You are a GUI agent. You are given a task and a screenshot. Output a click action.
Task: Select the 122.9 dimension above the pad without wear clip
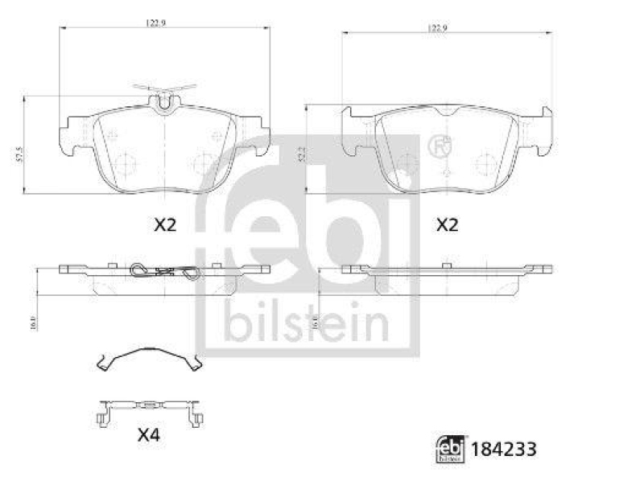point(436,28)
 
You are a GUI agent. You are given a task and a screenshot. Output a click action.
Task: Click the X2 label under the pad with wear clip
point(164,226)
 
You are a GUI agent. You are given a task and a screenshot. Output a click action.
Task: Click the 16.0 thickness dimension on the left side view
point(33,322)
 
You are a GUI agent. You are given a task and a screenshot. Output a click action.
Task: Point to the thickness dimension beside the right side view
point(316,322)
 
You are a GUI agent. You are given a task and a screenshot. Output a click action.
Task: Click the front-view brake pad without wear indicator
point(447,149)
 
